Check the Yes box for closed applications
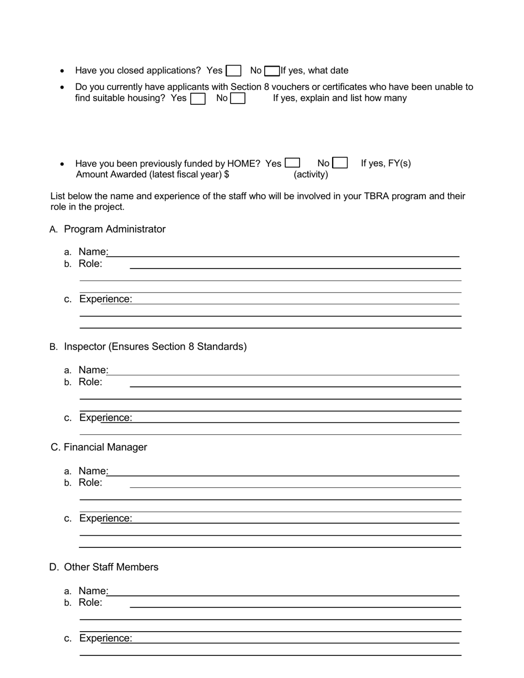(234, 71)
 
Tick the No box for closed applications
(271, 71)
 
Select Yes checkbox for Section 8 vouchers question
(197, 99)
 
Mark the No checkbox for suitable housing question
(238, 99)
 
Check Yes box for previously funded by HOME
(292, 163)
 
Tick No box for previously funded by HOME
(340, 163)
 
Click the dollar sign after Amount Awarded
(227, 175)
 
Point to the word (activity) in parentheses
(311, 175)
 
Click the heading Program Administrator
(115, 229)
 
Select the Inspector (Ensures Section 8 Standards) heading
(155, 347)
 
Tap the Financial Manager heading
(105, 447)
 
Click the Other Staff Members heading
(111, 567)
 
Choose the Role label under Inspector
(90, 382)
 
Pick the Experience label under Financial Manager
(105, 518)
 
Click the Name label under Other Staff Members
(92, 591)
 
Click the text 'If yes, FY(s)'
(386, 163)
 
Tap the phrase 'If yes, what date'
(314, 71)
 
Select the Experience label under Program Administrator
(105, 299)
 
